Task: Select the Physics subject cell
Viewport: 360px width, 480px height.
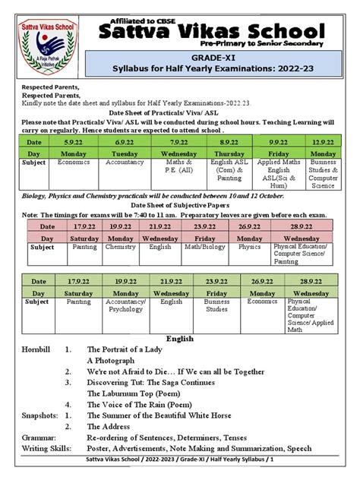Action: pyautogui.click(x=249, y=247)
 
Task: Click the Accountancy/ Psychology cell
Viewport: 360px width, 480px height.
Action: pyautogui.click(x=126, y=305)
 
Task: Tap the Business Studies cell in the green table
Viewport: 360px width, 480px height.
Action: pyautogui.click(x=216, y=305)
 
